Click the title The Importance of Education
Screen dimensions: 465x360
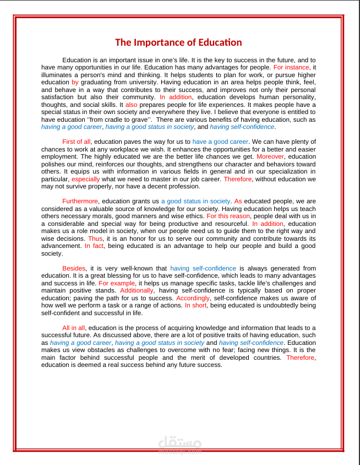tap(178, 43)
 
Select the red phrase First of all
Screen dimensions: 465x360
tap(77, 142)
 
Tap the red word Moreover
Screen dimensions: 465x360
tap(270, 156)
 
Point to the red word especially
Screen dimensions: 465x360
tap(86, 179)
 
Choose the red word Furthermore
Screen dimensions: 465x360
tap(80, 202)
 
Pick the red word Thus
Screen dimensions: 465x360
tap(95, 239)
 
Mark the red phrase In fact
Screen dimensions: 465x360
tap(95, 246)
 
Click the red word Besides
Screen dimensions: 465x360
tap(74, 269)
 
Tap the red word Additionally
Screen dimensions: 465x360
tap(137, 291)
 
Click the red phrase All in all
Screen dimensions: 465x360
tap(74, 328)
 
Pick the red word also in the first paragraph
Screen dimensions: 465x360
tap(132, 105)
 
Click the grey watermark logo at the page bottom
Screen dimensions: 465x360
tap(180, 444)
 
